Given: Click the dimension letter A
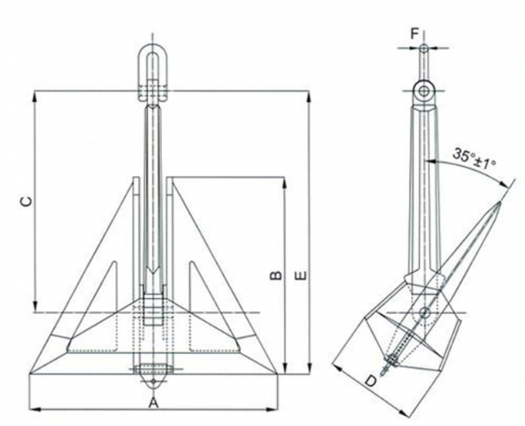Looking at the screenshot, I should [x=154, y=403].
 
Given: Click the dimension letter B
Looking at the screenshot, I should [x=276, y=275].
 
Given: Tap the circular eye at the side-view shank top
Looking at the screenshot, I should [x=424, y=91].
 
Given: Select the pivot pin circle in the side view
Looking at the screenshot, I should [x=424, y=313].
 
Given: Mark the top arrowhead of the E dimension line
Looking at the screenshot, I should [x=310, y=94].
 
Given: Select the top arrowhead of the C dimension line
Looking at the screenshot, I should [x=35, y=94].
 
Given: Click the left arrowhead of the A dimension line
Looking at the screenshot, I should [x=32, y=409].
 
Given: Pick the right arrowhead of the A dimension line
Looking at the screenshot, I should [x=275, y=409].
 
